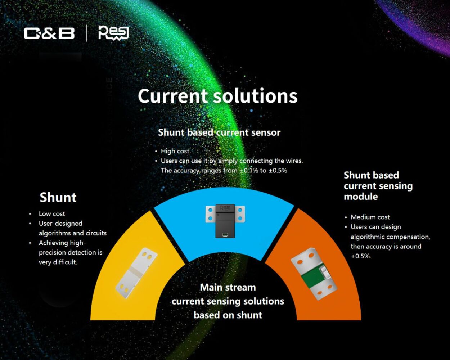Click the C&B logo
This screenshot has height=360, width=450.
pos(49,33)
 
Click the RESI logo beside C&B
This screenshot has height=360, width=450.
pos(113,33)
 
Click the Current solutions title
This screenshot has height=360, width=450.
pos(217,96)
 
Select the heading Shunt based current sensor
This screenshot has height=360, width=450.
pos(219,132)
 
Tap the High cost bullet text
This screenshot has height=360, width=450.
pos(175,151)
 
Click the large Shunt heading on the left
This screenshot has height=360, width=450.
pos(58,197)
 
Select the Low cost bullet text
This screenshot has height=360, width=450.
pos(52,214)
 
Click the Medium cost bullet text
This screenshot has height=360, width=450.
pos(370,217)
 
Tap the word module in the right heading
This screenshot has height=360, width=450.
pos(361,197)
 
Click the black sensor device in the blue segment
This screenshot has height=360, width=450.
pos(225,221)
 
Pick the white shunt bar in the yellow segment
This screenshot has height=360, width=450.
pos(136,273)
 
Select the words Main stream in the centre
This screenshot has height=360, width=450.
pos(228,287)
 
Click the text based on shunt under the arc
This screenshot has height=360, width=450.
pos(228,315)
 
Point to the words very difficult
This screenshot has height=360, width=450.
pos(58,262)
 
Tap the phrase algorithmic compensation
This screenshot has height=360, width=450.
pos(390,237)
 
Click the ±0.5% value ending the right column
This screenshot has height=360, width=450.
pos(361,256)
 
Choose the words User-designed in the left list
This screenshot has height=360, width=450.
pos(60,224)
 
